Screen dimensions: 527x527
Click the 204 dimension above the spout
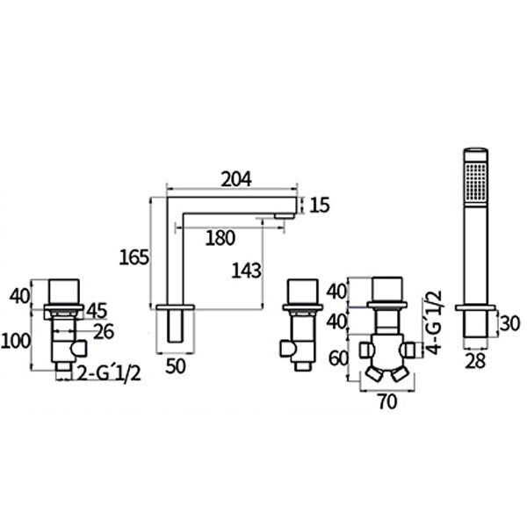coord(236,179)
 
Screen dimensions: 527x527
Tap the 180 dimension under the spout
coord(220,238)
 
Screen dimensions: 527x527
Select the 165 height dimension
coord(134,257)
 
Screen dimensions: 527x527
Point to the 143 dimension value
coord(246,271)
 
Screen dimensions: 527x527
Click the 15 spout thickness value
coord(320,205)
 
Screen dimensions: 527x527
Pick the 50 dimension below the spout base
coord(176,366)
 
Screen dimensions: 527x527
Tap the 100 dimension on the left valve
coord(16,341)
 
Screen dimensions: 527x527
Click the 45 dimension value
coord(97,311)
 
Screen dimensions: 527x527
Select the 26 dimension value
coord(104,331)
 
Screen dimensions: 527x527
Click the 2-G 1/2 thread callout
coord(109,373)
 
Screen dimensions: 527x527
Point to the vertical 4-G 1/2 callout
coord(436,322)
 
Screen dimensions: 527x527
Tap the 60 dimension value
coord(338,358)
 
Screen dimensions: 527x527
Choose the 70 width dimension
coord(387,401)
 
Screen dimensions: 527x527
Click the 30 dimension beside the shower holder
coord(509,323)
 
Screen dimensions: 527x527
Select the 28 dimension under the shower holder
coord(476,361)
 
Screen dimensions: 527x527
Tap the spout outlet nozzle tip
coord(285,216)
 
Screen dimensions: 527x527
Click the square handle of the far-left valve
coord(64,292)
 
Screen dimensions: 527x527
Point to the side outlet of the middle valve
coord(286,349)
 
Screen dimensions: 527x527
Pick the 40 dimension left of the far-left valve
coord(19,296)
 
